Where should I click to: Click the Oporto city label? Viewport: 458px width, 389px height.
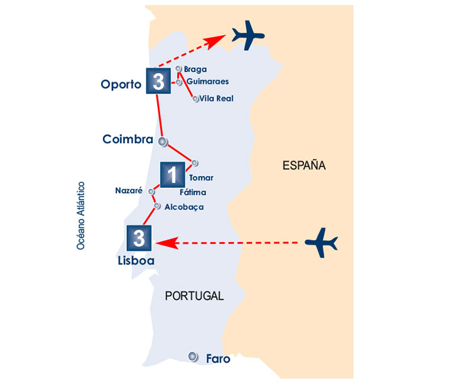click(121, 84)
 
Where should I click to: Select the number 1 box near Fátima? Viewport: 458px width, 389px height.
click(173, 175)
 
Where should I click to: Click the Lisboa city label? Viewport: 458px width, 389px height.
click(136, 259)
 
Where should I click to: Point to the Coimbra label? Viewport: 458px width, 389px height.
click(128, 139)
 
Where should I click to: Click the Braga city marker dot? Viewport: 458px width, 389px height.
click(179, 69)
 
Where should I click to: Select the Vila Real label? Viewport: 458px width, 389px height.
click(216, 99)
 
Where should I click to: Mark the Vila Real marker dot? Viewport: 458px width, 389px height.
click(196, 99)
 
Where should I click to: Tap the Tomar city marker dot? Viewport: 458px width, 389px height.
click(195, 163)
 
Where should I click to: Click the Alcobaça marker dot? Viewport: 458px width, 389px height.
click(157, 206)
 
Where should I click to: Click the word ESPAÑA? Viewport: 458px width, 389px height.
click(304, 166)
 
